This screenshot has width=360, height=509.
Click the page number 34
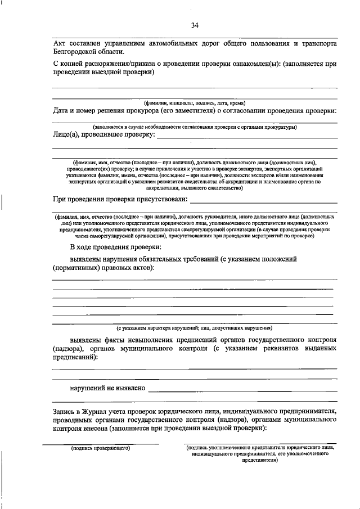194,25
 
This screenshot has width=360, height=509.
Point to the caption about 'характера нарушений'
194,327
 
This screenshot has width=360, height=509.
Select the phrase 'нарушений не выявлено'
107,388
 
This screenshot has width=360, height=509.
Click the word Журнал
96,411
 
